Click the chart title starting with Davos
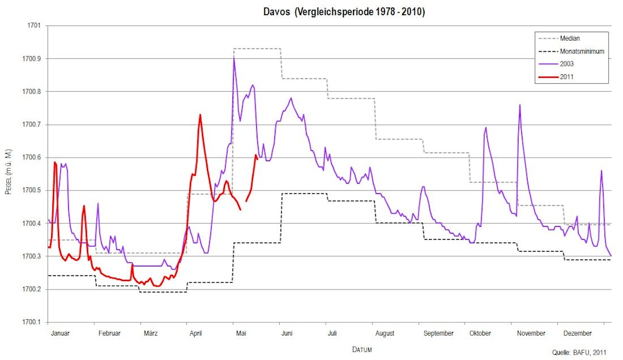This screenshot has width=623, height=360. click(344, 12)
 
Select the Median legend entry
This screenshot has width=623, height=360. click(569, 39)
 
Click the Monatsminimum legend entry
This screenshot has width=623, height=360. click(582, 51)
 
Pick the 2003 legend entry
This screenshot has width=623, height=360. click(566, 64)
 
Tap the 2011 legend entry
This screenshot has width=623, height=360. click(566, 77)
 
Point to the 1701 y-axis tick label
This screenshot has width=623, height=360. click(33, 26)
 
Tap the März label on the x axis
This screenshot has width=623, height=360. click(151, 333)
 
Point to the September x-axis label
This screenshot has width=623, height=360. click(438, 333)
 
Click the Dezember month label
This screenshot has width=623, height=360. click(577, 333)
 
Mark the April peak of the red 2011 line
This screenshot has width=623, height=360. click(200, 114)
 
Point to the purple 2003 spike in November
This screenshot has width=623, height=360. click(520, 105)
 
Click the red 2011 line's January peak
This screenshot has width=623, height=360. click(55, 162)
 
